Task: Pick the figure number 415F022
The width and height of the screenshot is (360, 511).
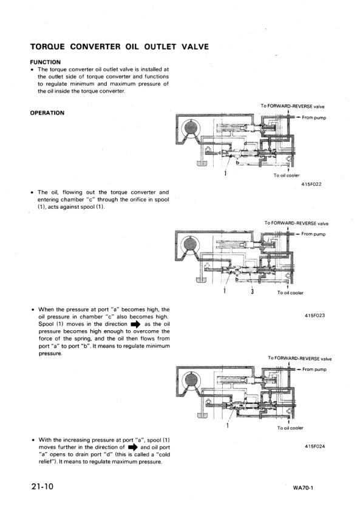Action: click(311, 183)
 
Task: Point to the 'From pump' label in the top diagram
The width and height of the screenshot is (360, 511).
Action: click(314, 117)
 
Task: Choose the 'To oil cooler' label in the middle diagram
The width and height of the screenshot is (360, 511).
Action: click(290, 293)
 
